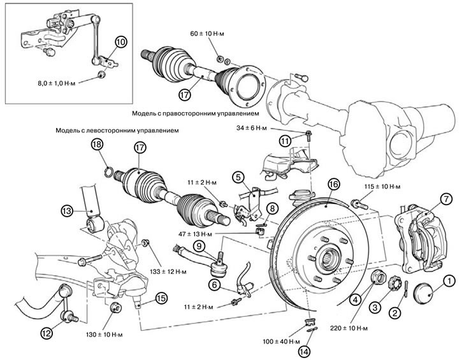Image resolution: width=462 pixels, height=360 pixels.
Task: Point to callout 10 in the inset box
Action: click(x=121, y=42)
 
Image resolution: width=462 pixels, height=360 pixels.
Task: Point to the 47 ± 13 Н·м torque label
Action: click(x=226, y=234)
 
